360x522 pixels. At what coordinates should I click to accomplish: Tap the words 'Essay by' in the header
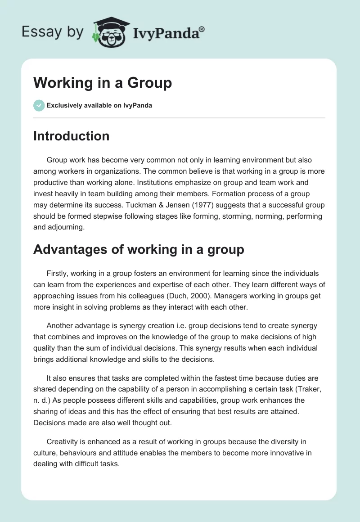(x=53, y=32)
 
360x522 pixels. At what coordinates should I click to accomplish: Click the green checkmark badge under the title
(x=39, y=105)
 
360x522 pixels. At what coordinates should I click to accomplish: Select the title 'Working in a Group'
(x=103, y=83)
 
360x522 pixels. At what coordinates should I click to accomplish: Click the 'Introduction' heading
(x=71, y=136)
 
